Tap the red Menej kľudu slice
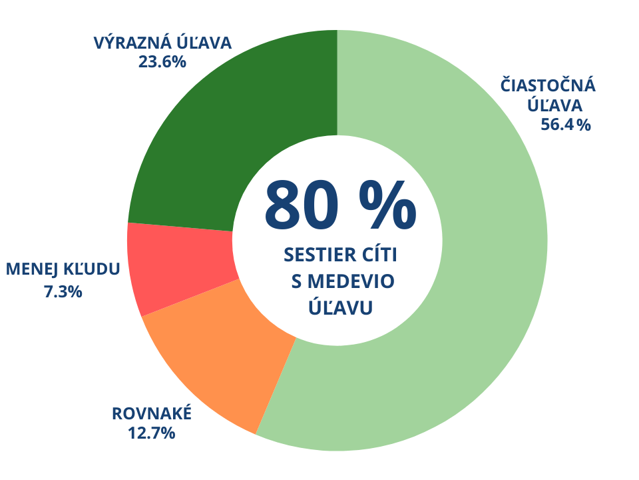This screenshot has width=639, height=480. (180, 267)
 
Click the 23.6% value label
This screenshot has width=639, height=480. (162, 62)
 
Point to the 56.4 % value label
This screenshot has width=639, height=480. (565, 125)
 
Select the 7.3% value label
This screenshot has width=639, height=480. (63, 291)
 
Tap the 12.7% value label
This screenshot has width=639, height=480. (151, 433)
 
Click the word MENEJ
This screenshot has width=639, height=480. (33, 269)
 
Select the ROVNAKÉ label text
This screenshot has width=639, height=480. (152, 414)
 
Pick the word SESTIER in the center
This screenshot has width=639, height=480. (319, 255)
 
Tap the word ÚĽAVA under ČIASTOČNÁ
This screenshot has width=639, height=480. (555, 105)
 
